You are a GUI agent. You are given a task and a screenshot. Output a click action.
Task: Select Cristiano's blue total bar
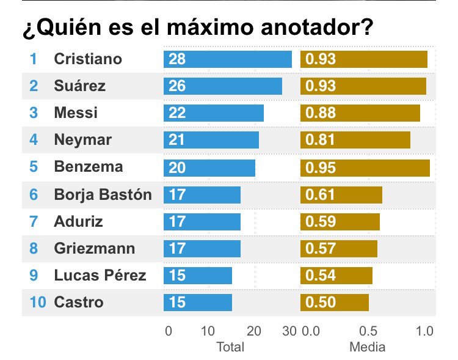pyautogui.click(x=227, y=59)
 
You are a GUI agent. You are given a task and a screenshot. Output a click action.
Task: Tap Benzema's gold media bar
pyautogui.click(x=365, y=167)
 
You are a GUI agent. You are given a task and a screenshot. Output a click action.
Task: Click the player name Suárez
pyautogui.click(x=79, y=86)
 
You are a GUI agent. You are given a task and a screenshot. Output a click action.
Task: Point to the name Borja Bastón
pyautogui.click(x=103, y=195)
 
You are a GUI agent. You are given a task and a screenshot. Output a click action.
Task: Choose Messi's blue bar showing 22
pyautogui.click(x=213, y=113)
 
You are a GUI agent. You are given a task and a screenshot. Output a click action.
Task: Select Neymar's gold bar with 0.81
pyautogui.click(x=355, y=140)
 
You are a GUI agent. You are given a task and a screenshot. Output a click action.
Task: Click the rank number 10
pyautogui.click(x=37, y=302)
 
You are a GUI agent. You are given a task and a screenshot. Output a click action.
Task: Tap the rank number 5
pyautogui.click(x=33, y=167)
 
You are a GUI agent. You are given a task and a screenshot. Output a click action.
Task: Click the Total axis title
pyautogui.click(x=230, y=347)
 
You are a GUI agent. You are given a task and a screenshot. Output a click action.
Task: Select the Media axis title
pyautogui.click(x=367, y=347)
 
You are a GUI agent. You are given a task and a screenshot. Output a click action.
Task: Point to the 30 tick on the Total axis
pyautogui.click(x=289, y=331)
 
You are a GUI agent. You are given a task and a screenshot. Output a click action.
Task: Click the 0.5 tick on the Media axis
pyautogui.click(x=369, y=331)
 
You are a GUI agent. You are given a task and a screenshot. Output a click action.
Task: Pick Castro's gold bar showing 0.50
pyautogui.click(x=334, y=303)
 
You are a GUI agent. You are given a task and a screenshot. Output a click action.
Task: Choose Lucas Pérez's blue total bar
pyautogui.click(x=197, y=276)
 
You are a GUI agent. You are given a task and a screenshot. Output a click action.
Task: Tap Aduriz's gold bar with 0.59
pyautogui.click(x=340, y=221)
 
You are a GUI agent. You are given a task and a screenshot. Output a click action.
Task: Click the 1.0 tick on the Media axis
pyautogui.click(x=424, y=331)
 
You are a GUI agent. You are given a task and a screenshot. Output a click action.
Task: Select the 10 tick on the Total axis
pyautogui.click(x=208, y=331)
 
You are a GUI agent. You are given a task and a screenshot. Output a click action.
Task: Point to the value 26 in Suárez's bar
pyautogui.click(x=177, y=86)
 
